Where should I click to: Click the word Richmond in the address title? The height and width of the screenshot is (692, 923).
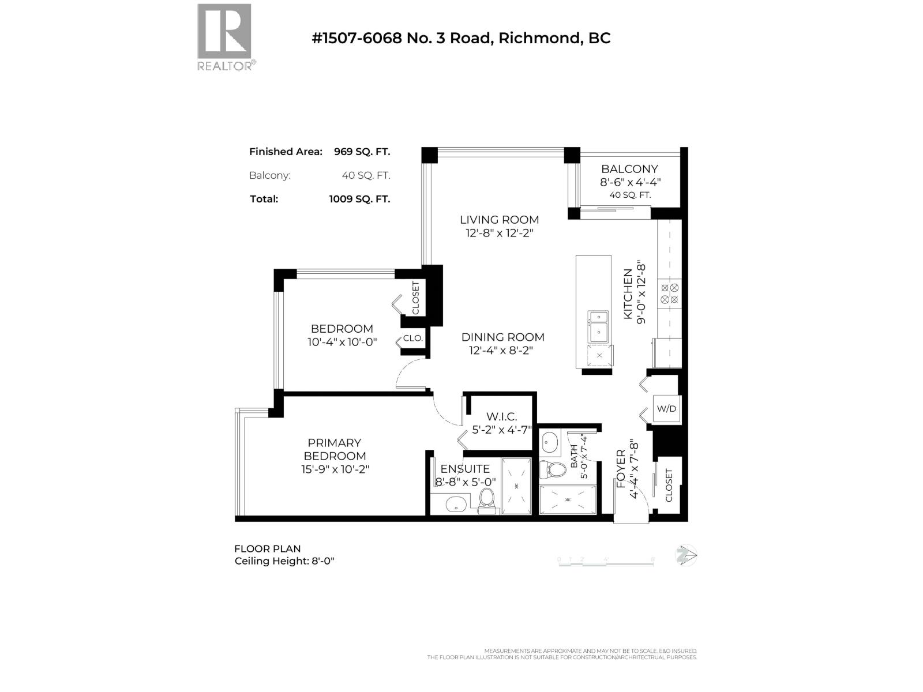coord(539,38)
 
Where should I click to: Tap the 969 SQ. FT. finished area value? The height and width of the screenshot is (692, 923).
coord(362,152)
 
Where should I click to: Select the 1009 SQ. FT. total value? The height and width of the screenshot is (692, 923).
coord(359,199)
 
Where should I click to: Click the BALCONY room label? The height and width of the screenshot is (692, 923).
coord(629,169)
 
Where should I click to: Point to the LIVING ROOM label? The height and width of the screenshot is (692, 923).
coord(499,220)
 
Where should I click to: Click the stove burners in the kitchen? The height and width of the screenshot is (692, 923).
coord(670,293)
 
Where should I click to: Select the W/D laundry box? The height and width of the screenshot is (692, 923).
coord(666,409)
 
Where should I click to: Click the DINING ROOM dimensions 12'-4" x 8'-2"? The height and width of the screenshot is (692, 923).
coord(502,351)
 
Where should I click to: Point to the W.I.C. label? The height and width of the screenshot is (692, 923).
coord(501,416)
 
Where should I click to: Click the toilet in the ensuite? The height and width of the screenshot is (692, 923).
coord(487,499)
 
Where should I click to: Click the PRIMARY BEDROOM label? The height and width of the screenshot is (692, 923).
coord(334,449)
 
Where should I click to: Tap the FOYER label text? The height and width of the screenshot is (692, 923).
coord(621,469)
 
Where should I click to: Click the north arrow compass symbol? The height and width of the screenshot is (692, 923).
coord(686,555)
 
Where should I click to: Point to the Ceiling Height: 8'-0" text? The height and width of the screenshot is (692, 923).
coord(284,561)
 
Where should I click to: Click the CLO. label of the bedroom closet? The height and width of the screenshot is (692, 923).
coord(413,339)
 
